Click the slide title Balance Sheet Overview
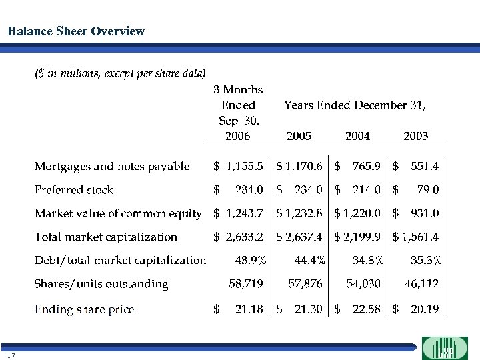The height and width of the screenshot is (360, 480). point(75,31)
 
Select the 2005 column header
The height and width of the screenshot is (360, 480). point(299,136)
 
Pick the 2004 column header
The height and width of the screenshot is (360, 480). point(357,136)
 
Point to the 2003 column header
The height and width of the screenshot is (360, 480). point(416,136)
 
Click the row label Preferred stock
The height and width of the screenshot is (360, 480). point(74,190)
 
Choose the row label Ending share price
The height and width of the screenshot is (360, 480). point(84,309)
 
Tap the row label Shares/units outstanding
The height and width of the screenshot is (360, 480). point(101,284)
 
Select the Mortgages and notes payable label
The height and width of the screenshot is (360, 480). point(112,167)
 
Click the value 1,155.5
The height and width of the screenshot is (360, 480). point(245,167)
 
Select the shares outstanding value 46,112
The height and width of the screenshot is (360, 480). point(422,284)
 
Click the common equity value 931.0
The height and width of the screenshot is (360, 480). point(425,213)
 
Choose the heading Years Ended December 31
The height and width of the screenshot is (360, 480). point(355,105)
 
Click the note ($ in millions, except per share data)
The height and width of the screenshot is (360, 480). point(120,73)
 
